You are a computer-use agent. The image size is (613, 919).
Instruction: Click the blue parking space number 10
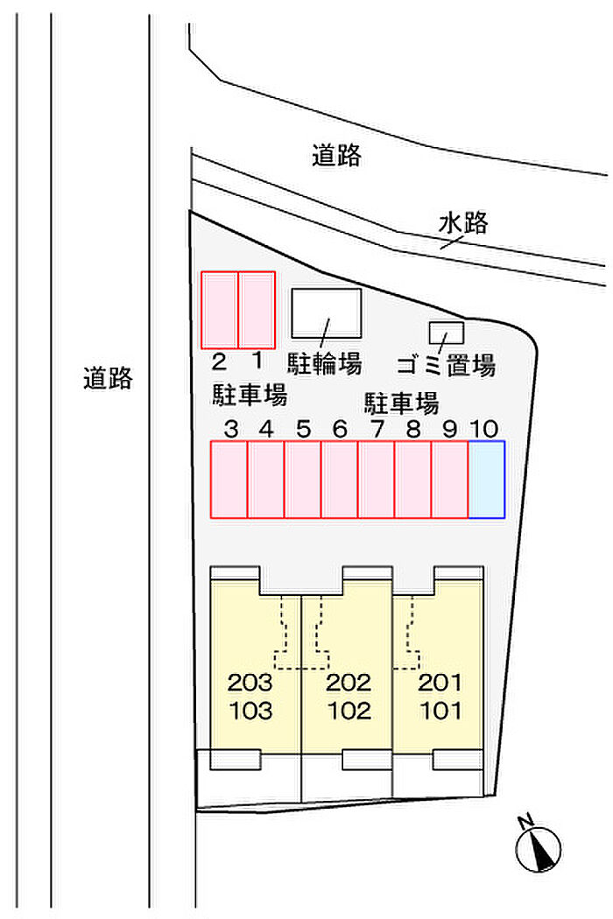[x=486, y=480]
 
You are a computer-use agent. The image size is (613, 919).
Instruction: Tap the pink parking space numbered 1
[x=257, y=310]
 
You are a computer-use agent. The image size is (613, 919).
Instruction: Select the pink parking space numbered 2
[x=220, y=310]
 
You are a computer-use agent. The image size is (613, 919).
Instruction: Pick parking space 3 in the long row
[x=229, y=480]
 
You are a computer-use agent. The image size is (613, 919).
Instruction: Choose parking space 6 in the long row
[x=339, y=480]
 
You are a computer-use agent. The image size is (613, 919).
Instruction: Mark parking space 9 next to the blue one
[x=449, y=480]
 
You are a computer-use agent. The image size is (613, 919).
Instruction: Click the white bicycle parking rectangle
[x=326, y=312]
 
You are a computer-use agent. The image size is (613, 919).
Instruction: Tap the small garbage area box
[x=447, y=333]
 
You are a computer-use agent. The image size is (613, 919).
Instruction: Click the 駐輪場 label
[x=325, y=362]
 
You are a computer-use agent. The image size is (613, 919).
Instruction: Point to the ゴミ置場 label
[x=446, y=364]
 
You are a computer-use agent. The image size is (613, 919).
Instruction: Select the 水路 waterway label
[x=463, y=224]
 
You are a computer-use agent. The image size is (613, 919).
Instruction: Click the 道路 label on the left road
[x=108, y=378]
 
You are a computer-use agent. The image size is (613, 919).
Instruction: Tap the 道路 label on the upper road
[x=337, y=156]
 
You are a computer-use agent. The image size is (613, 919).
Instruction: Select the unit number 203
[x=250, y=683]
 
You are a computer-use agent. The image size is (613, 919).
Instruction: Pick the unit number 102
[x=349, y=711]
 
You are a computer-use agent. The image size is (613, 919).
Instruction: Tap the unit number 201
[x=440, y=683]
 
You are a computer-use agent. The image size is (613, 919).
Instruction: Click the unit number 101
[x=440, y=711]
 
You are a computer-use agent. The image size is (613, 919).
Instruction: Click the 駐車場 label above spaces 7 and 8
[x=402, y=403]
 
